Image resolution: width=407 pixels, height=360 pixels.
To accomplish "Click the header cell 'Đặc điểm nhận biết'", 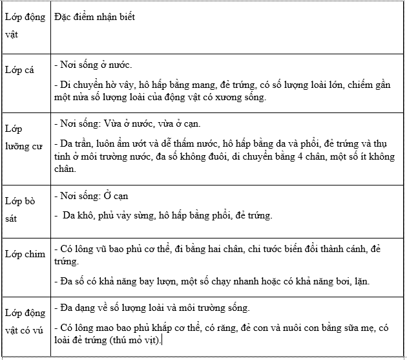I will pos(95,17).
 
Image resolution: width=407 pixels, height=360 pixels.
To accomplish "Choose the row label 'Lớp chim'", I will pos(26,254).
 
